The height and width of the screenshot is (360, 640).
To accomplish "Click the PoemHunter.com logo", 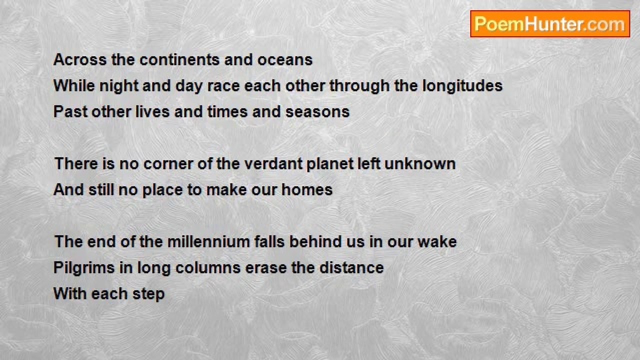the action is [550, 24].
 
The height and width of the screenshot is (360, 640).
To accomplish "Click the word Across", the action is [80, 59].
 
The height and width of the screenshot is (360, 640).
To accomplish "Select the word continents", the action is [179, 59].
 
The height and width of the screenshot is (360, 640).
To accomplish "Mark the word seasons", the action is [317, 112].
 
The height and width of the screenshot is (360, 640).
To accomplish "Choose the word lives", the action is [152, 111].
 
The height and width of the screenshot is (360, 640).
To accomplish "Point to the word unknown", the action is [420, 163].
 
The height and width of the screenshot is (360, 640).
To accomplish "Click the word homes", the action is [307, 189].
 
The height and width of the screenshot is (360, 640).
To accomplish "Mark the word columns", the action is [208, 268].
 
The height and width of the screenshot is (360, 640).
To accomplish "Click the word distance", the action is [351, 268].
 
